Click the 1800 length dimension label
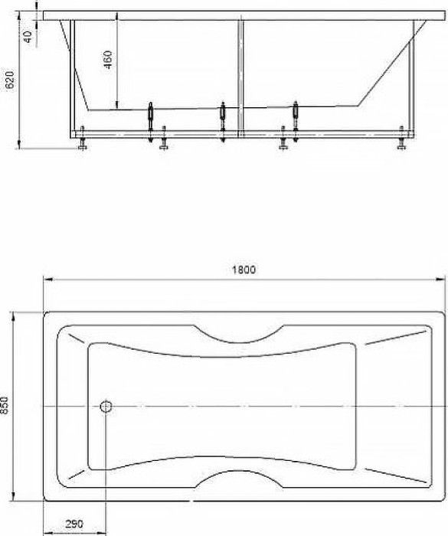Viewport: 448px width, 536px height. [243, 269]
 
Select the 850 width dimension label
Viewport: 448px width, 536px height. [5, 405]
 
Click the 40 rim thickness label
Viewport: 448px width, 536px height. [28, 36]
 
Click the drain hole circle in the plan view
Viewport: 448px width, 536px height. [106, 406]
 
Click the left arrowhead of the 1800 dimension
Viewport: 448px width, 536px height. [46, 279]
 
